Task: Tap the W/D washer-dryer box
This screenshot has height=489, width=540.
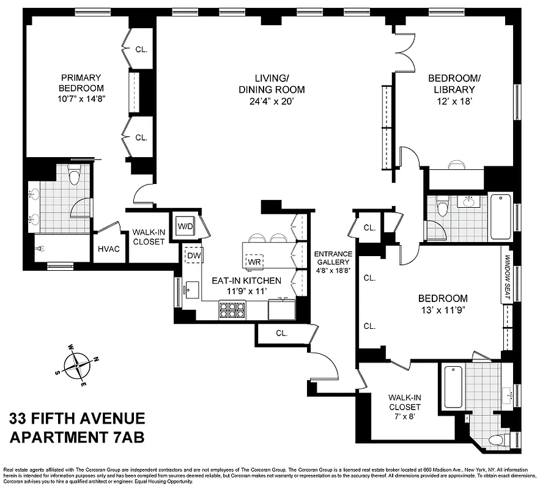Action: (x=185, y=226)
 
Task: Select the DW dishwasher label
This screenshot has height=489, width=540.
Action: (x=194, y=255)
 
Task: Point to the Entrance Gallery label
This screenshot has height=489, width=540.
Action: (x=333, y=260)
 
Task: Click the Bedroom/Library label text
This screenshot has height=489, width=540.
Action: (x=454, y=84)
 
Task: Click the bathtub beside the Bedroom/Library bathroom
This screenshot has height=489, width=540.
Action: (x=501, y=216)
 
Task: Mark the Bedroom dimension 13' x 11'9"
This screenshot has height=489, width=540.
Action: (x=443, y=309)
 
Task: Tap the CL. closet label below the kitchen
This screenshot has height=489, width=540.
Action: (x=281, y=333)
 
